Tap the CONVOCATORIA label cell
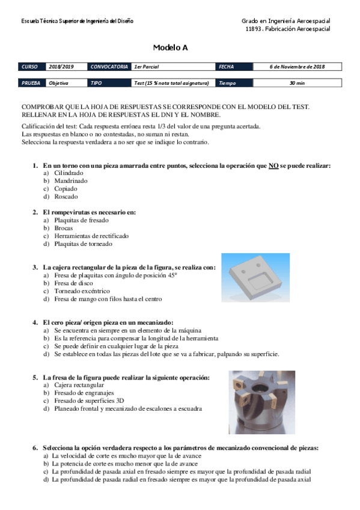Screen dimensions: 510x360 point(109,67)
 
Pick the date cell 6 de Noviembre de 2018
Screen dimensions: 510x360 point(296,67)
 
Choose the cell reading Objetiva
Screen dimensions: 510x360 point(59,83)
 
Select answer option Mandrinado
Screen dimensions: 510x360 point(70,180)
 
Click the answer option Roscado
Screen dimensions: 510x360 point(66,196)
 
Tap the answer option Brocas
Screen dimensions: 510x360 point(63,229)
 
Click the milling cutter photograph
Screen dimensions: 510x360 point(261,393)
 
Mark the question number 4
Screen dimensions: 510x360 point(35,322)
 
